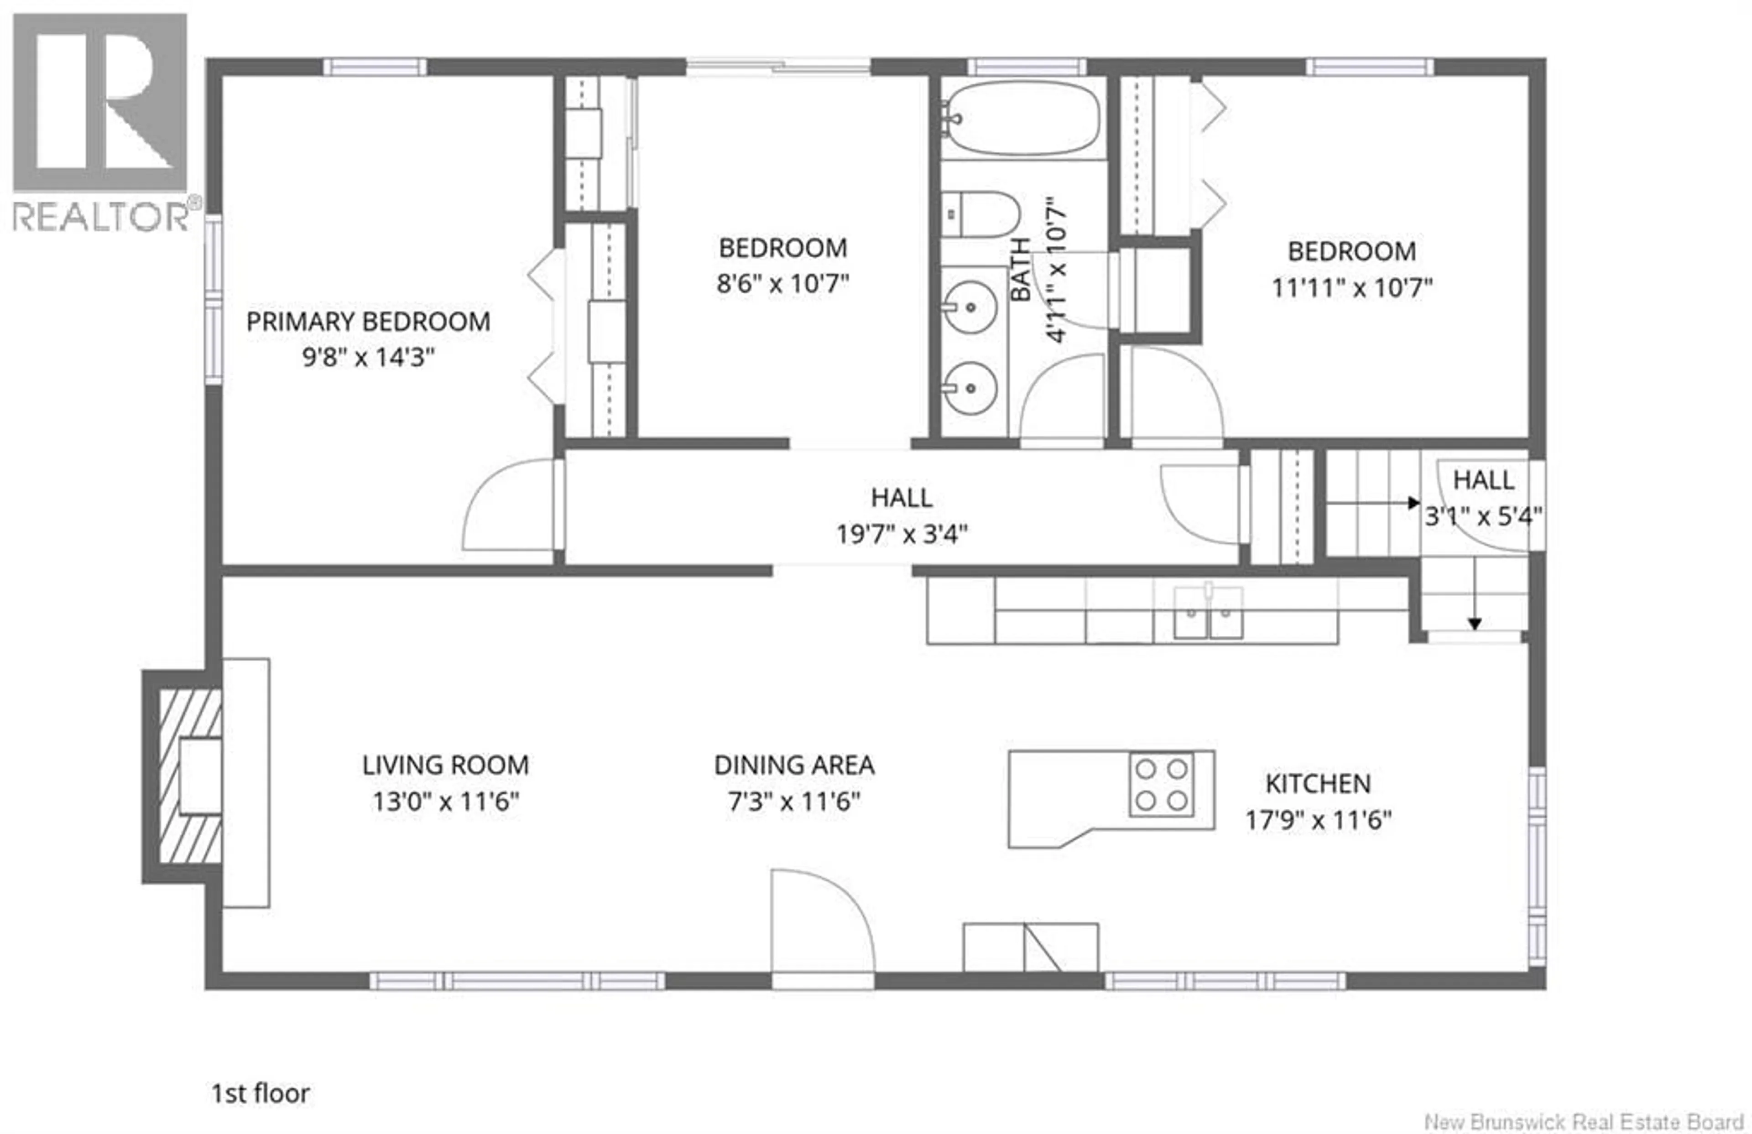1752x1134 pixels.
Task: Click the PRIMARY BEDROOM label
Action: click(368, 322)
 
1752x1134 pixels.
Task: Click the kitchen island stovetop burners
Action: click(1161, 785)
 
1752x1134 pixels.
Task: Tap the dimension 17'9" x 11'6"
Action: click(1318, 820)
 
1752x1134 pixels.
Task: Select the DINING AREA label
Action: click(794, 765)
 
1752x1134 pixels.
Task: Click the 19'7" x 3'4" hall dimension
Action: click(901, 534)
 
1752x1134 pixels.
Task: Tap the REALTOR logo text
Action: click(101, 217)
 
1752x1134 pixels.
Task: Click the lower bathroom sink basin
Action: click(970, 388)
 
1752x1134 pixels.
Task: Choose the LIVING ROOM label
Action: click(445, 765)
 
